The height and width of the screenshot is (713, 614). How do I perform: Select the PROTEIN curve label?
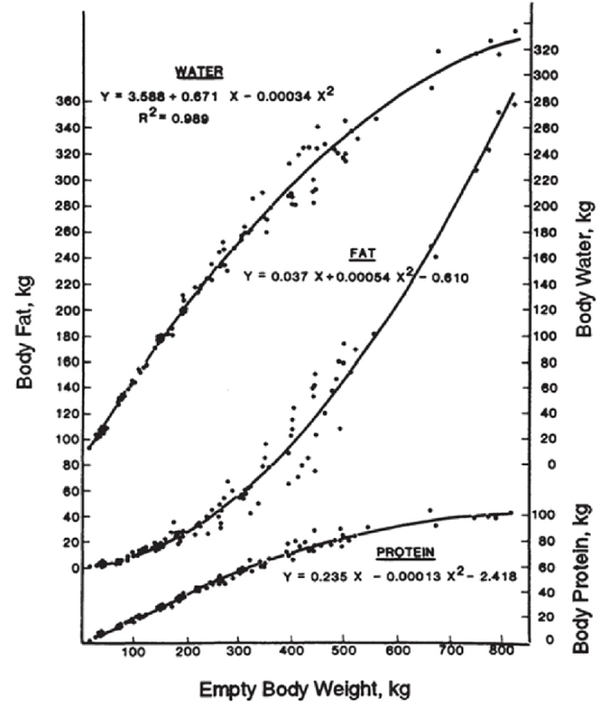coord(405,553)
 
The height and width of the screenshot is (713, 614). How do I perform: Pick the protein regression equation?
coord(402,577)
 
